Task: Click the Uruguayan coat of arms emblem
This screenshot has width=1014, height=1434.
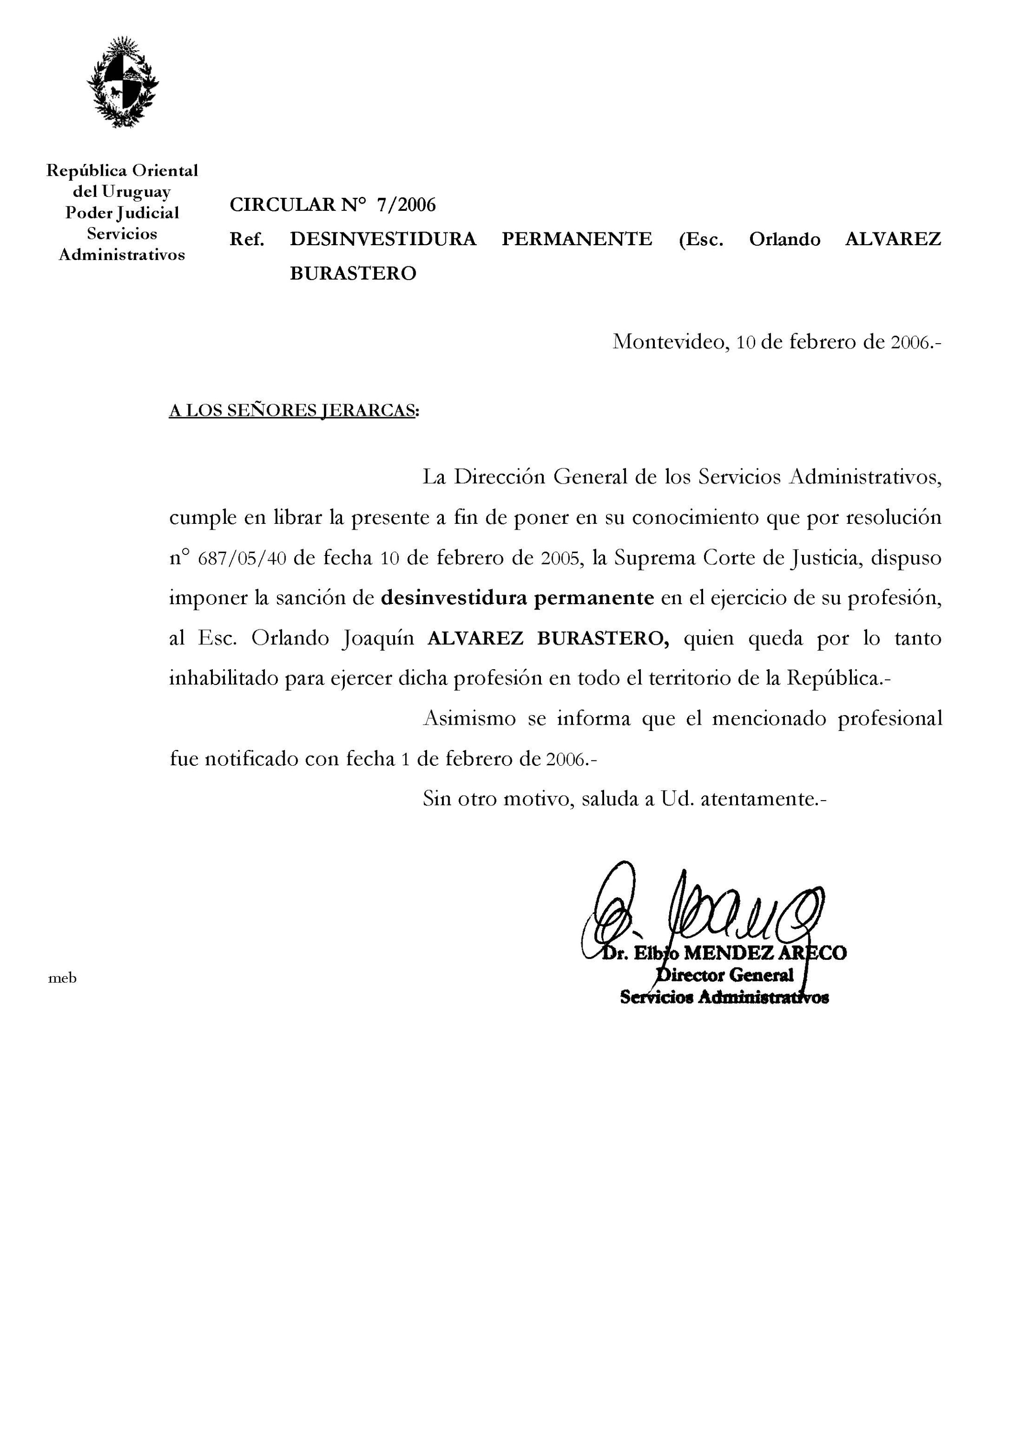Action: pos(122,82)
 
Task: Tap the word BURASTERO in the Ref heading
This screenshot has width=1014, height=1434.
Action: pos(353,273)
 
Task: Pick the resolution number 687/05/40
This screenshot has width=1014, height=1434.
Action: pos(242,558)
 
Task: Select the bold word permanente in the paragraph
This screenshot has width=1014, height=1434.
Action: pos(594,598)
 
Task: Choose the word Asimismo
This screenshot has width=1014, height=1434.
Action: pos(469,719)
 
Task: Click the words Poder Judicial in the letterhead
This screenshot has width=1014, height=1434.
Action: pos(122,213)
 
